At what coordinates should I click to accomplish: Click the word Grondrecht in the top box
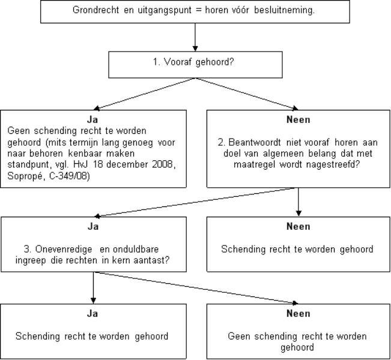(95, 10)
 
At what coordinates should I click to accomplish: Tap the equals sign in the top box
(198, 10)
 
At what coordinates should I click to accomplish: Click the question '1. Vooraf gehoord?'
(193, 62)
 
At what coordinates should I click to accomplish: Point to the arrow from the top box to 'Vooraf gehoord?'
(195, 37)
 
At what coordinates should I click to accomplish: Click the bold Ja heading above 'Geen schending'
(92, 119)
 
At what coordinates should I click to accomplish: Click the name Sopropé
(26, 176)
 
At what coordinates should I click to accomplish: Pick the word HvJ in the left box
(80, 164)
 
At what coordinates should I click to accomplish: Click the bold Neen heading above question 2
(299, 119)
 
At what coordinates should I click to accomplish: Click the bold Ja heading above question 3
(92, 226)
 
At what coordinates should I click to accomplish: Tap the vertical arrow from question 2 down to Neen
(299, 202)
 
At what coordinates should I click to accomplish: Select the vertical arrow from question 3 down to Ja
(93, 288)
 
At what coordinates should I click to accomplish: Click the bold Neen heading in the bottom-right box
(299, 313)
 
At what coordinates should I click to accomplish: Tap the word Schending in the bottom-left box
(38, 337)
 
